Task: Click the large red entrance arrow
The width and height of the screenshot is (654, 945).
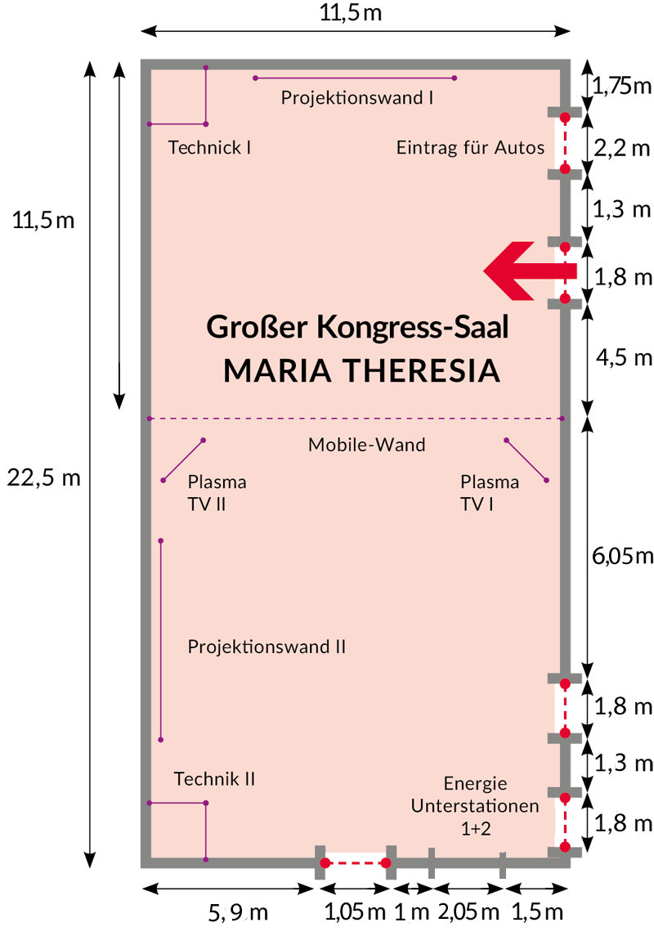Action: tap(531, 271)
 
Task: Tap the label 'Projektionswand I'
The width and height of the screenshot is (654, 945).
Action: tap(357, 97)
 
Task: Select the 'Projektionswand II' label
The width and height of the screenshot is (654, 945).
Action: tap(267, 647)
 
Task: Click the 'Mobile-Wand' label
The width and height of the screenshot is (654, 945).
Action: tap(366, 445)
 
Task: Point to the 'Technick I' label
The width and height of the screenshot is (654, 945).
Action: tap(209, 148)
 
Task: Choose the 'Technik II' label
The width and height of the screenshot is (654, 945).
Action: tap(214, 779)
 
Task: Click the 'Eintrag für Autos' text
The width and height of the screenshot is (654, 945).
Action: tap(470, 148)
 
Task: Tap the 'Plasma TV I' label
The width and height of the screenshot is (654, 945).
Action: tap(490, 492)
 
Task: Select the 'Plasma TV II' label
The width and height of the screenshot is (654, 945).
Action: tap(217, 492)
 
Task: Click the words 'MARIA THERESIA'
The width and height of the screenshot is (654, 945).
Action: tap(361, 370)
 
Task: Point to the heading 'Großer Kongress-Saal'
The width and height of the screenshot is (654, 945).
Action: tap(357, 327)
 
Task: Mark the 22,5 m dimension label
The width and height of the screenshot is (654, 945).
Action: tap(43, 478)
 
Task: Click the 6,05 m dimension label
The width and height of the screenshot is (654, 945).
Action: tap(623, 556)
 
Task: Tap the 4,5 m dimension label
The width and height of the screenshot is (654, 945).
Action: tap(625, 358)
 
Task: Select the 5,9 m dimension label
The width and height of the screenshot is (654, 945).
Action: tap(238, 912)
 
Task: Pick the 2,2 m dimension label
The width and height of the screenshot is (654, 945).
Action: tap(622, 148)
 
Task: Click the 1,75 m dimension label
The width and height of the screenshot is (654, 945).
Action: tap(622, 86)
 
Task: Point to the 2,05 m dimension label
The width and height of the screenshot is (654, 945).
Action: tap(468, 911)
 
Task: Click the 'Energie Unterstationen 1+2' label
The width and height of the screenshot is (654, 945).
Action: tap(475, 806)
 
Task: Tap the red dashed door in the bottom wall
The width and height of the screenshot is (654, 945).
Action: tap(356, 863)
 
